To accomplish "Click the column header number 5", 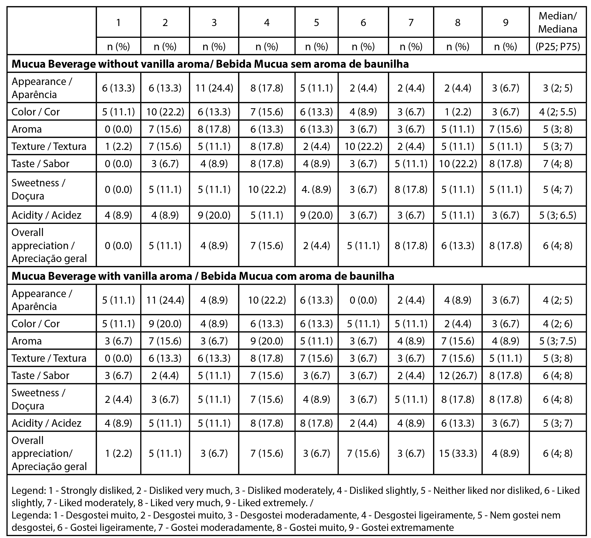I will coord(316,22).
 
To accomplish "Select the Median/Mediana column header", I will coord(558,22).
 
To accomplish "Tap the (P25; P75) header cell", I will coord(558,47).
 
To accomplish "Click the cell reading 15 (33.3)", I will coord(458,453).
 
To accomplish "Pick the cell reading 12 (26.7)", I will coord(458,375).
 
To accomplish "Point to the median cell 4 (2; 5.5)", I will coord(558,112).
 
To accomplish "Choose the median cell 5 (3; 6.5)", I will coord(558,215).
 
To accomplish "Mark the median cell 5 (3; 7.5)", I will coord(558,341).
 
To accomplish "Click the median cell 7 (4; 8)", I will coord(558,164).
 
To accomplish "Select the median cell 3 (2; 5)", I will coord(558,88).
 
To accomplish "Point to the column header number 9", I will coord(505,22).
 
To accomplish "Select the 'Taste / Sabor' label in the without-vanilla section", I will coord(41,164).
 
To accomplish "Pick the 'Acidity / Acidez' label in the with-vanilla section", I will coord(46,423).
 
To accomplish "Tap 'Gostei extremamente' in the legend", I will coord(408,527).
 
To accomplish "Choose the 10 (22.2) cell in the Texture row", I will coord(363,146).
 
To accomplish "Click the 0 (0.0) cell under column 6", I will coord(363,300).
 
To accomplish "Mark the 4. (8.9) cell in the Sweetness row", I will coord(316,189).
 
